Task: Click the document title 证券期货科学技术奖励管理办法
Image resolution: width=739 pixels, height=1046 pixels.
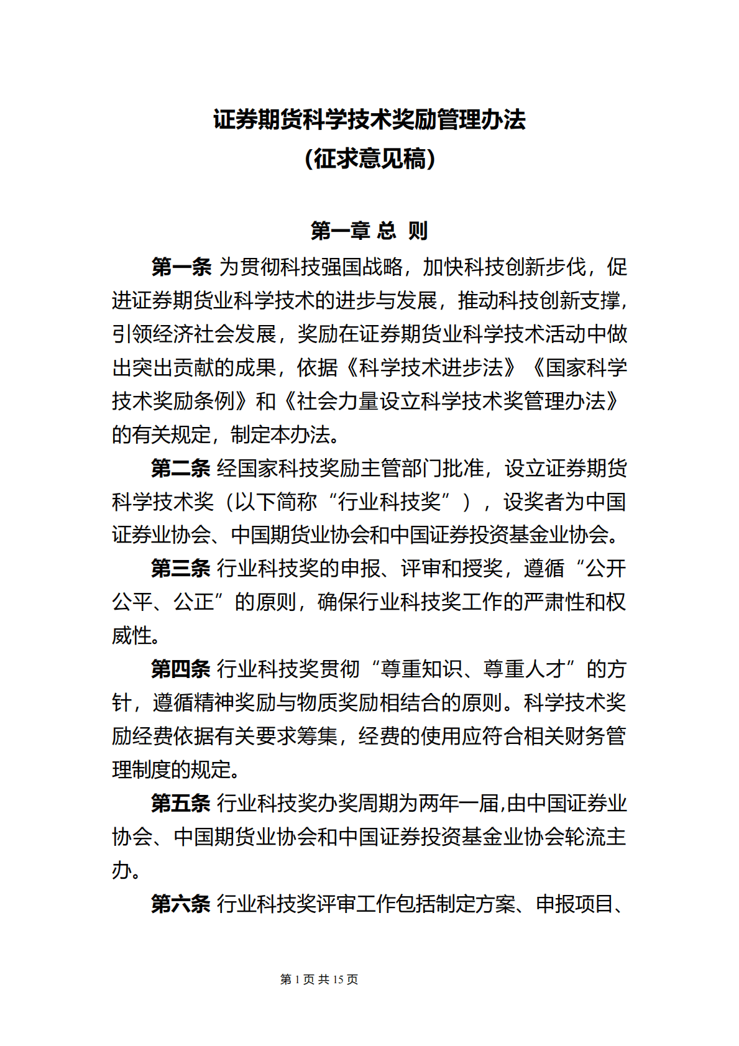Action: click(x=369, y=120)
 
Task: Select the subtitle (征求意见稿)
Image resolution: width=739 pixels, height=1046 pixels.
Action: click(x=369, y=159)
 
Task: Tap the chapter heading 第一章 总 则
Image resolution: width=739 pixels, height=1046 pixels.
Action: click(x=369, y=231)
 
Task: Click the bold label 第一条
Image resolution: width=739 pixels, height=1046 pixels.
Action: click(x=181, y=267)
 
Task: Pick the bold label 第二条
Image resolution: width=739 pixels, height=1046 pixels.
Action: click(x=181, y=469)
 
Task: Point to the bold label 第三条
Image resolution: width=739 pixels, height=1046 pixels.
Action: click(x=181, y=569)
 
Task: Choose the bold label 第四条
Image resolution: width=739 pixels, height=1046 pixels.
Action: click(x=181, y=669)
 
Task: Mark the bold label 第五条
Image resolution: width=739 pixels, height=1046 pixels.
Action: click(x=181, y=804)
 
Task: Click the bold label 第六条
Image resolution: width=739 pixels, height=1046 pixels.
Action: click(x=181, y=904)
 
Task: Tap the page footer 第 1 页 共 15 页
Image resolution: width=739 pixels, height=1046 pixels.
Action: click(x=319, y=979)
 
